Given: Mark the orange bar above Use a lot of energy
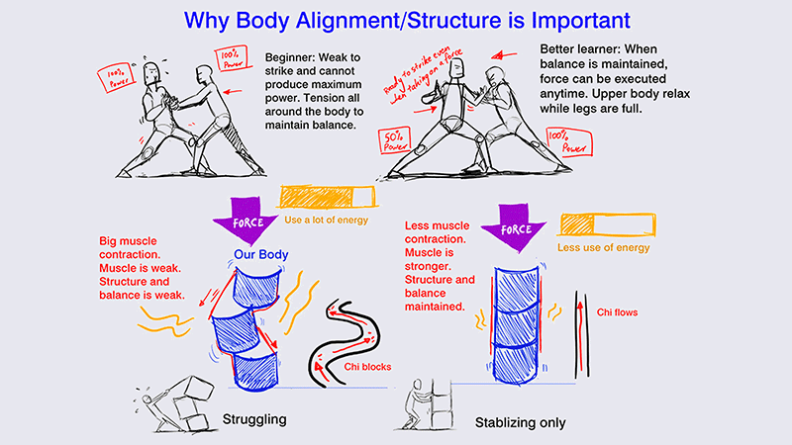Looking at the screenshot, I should coord(323,197).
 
